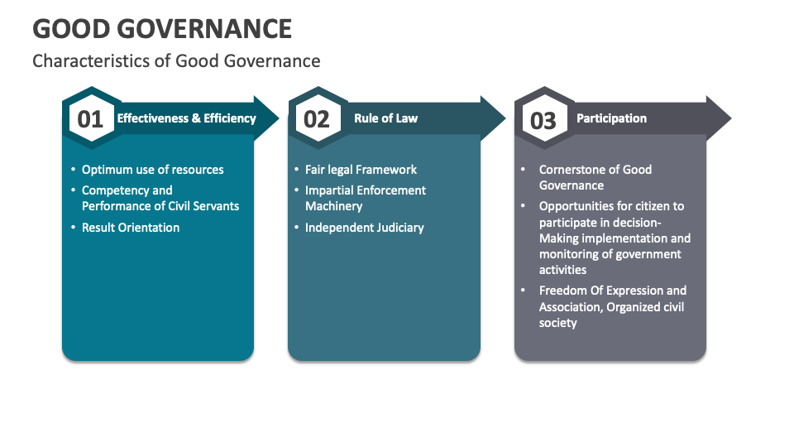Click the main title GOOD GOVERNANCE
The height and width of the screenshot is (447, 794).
162,28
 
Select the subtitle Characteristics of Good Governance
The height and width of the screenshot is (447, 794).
176,61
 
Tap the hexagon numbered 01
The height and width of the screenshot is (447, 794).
90,119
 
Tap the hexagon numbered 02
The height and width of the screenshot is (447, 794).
317,119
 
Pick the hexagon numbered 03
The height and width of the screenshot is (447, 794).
543,120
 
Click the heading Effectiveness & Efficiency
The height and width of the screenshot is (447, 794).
187,118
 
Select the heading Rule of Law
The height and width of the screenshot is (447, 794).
386,118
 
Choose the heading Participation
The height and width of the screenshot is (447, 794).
611,118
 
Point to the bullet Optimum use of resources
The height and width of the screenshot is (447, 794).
153,170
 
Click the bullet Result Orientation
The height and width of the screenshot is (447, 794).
131,228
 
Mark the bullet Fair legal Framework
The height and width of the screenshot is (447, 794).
361,170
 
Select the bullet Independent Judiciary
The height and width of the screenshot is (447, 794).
365,228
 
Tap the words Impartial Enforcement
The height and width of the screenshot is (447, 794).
366,190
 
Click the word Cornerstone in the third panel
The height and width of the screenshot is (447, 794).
572,170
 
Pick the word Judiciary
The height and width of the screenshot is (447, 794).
395,228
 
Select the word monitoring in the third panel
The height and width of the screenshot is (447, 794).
569,254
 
